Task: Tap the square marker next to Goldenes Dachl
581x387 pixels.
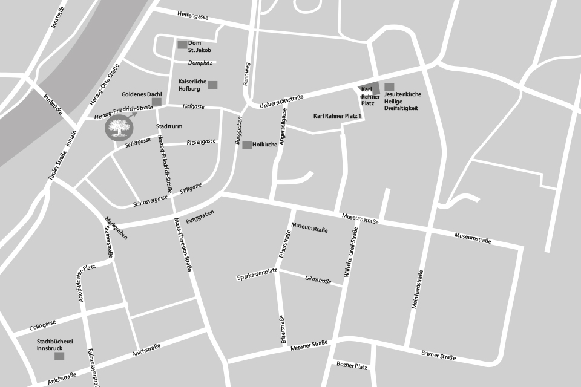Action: [x=157, y=102]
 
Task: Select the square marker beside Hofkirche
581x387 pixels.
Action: [x=247, y=145]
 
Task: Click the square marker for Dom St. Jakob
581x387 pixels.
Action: [x=182, y=44]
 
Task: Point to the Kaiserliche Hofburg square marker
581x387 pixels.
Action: [x=212, y=85]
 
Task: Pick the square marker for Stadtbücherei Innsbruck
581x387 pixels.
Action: [x=59, y=356]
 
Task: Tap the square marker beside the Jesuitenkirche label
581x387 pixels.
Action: [x=389, y=87]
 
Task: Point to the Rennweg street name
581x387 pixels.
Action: [x=246, y=75]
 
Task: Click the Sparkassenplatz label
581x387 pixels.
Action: [x=257, y=277]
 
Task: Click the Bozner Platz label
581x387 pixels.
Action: [x=352, y=366]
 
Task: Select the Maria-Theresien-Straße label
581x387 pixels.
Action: [x=182, y=244]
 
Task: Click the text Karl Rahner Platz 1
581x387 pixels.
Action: [x=337, y=115]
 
